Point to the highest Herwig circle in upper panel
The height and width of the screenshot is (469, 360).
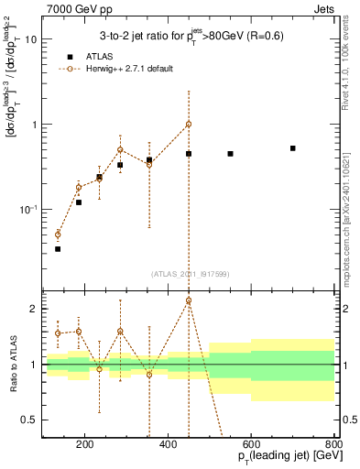(189, 124)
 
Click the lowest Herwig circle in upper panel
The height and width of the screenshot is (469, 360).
(58, 234)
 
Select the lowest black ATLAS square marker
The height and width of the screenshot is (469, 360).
(58, 248)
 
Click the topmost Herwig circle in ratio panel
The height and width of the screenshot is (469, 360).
(189, 300)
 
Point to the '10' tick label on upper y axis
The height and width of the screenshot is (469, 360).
(30, 39)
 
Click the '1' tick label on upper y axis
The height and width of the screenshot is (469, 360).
(34, 125)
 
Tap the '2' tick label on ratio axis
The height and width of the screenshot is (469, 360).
(34, 309)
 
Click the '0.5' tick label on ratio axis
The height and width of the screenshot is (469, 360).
(30, 420)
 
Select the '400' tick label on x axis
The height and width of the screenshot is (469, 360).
(168, 446)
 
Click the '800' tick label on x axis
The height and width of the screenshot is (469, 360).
(333, 446)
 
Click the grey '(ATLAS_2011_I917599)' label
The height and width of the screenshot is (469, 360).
(191, 273)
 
